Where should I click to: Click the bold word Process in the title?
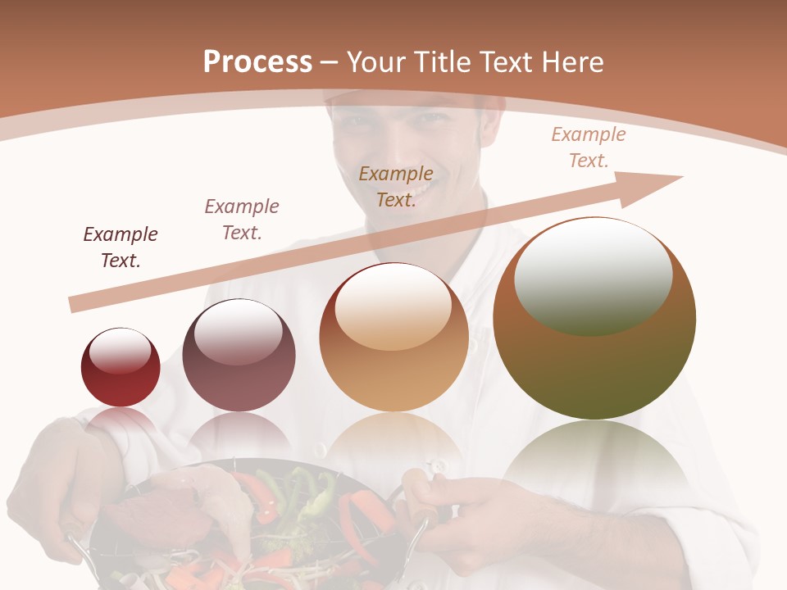pos(257,62)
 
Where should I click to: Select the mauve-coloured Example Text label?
pos(242,220)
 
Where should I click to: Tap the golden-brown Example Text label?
pos(396,187)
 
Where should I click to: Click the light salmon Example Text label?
pos(589,147)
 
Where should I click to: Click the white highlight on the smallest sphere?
pos(120,351)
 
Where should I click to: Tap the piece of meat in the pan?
pos(139,516)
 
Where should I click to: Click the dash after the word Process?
pos(330,62)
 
